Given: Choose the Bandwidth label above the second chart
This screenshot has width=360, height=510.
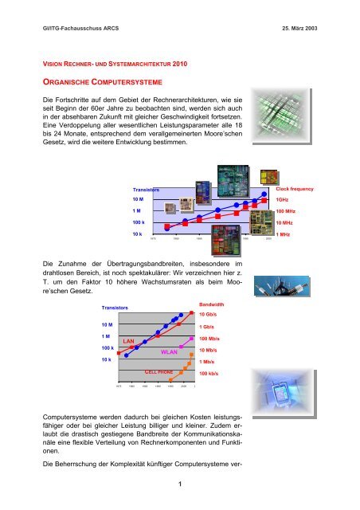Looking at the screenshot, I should coord(211,304).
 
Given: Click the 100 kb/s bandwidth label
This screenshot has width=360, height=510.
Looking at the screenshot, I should coord(210,373).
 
